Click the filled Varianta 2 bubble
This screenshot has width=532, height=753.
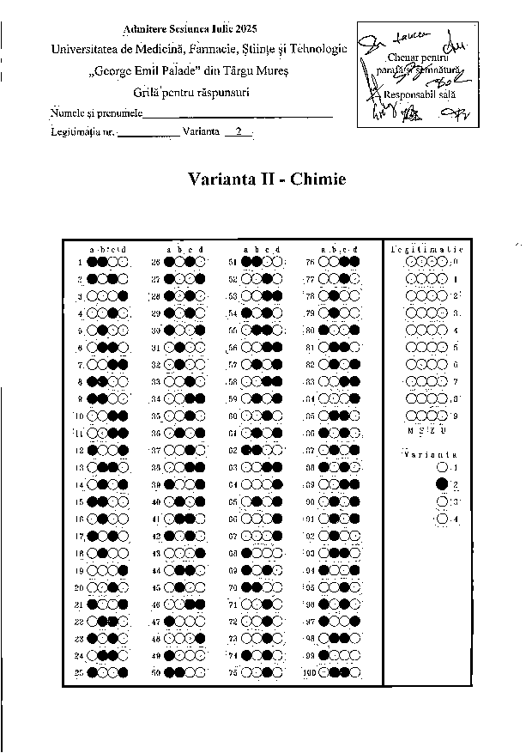coord(441,485)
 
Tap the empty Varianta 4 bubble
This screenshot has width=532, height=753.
coord(441,519)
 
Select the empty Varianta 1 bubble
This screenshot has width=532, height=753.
coord(441,468)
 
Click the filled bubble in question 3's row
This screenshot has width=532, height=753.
coord(123,296)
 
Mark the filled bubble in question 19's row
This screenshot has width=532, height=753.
coord(123,570)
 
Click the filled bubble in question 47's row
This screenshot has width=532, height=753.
coord(169,622)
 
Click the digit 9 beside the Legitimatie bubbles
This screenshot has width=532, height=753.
coord(456,416)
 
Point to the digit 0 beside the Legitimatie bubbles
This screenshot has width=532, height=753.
coord(456,262)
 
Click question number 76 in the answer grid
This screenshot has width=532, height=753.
coord(311,262)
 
